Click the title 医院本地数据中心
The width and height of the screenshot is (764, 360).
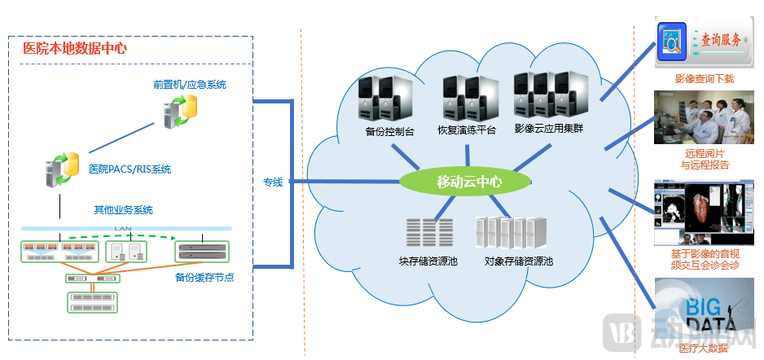coord(75,48)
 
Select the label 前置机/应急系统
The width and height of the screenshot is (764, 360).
coord(189,85)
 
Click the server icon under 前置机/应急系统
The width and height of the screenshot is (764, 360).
coord(179,111)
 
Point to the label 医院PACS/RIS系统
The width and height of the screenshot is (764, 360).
coord(130,169)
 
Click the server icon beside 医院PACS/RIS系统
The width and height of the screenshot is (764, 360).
coord(61,169)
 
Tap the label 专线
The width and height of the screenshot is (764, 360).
coord(272,182)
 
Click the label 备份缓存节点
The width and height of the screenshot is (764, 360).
coord(204,277)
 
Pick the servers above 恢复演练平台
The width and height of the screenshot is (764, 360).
coord(469,98)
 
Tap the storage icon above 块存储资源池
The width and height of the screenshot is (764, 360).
coord(430,233)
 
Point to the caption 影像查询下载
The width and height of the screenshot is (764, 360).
coord(704,79)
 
